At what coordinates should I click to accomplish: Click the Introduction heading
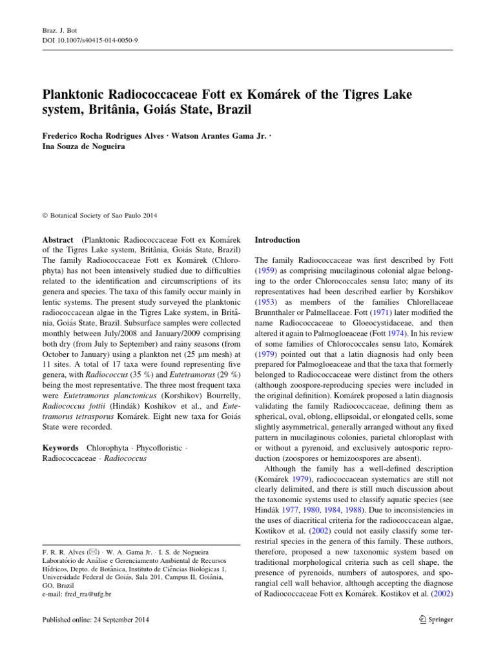278,239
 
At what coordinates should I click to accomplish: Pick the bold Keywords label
60,447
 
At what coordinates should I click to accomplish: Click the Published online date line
96,620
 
